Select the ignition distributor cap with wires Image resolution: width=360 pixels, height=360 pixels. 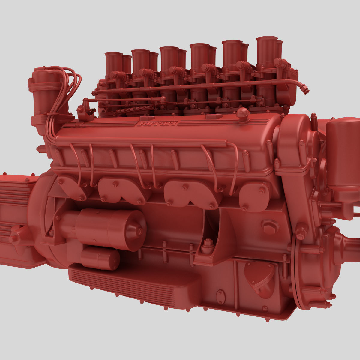coord(45,87)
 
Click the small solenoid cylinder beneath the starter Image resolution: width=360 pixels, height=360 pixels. coord(100,259)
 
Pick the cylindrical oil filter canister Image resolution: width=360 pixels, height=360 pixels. coord(342,156)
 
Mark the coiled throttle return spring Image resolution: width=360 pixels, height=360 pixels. coord(135,110)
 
